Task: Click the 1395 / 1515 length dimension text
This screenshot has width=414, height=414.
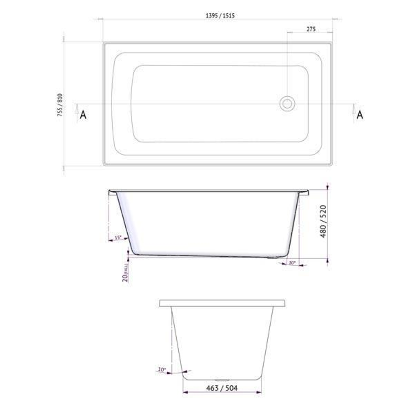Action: point(220,16)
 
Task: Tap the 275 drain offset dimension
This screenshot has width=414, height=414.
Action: point(311,29)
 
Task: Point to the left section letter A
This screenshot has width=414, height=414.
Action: point(83,115)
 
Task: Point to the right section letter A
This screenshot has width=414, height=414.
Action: point(360,115)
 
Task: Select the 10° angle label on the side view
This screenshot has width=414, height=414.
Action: point(292,263)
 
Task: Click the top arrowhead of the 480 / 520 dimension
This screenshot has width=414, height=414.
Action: point(327,187)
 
